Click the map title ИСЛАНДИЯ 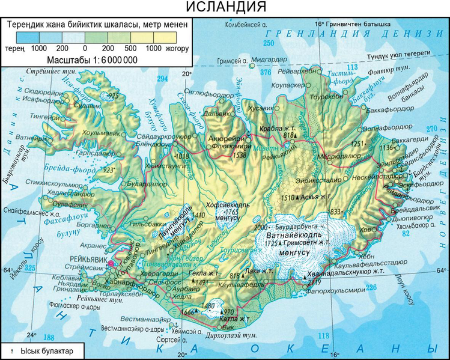225,8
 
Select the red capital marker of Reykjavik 111,263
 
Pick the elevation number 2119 315,281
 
